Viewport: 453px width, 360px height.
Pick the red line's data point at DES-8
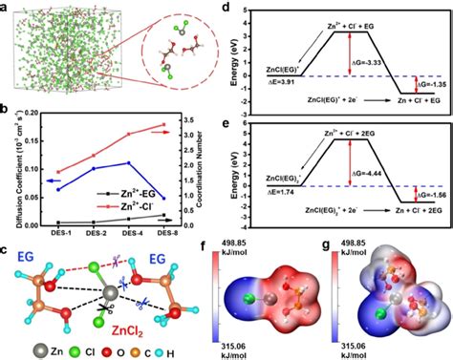pyautogui.click(x=170, y=125)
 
